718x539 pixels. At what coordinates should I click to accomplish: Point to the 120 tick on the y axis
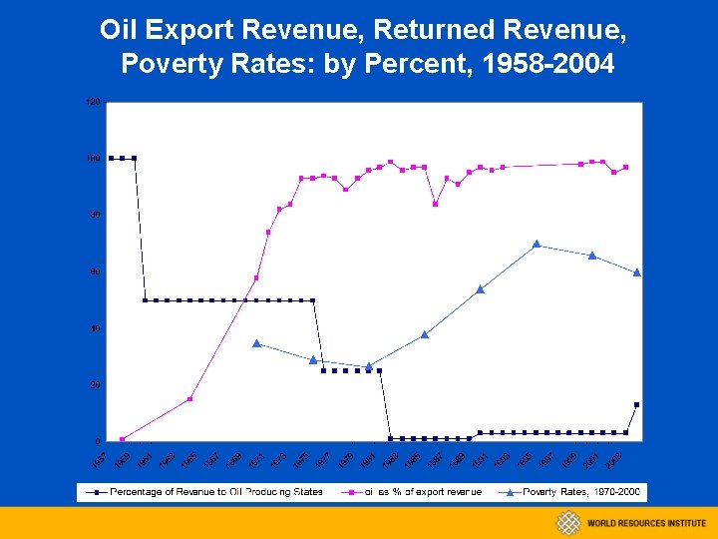pyautogui.click(x=93, y=102)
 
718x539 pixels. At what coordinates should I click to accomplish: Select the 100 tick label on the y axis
pyautogui.click(x=93, y=159)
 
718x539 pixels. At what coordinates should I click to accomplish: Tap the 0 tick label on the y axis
pyautogui.click(x=97, y=441)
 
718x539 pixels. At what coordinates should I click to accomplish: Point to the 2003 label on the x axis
pyautogui.click(x=613, y=460)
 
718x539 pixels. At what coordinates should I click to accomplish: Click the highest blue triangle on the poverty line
pyautogui.click(x=537, y=244)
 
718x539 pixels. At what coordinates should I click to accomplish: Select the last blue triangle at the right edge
pyautogui.click(x=637, y=271)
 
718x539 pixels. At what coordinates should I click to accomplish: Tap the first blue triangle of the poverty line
pyautogui.click(x=256, y=343)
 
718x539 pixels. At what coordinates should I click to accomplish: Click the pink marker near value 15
pyautogui.click(x=189, y=399)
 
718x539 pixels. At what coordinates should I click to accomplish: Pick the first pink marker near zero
pyautogui.click(x=122, y=439)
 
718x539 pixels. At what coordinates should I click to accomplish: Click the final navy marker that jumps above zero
pyautogui.click(x=636, y=404)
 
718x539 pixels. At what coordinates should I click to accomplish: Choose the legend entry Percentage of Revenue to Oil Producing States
pyautogui.click(x=215, y=492)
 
